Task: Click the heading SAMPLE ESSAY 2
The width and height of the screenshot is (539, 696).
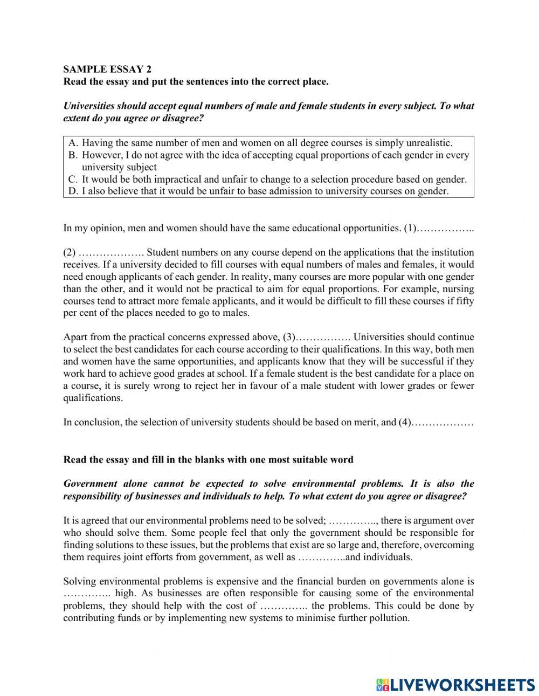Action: click(107, 69)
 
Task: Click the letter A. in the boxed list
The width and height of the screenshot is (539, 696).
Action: click(74, 143)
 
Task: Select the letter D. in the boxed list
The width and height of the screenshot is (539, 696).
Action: click(74, 191)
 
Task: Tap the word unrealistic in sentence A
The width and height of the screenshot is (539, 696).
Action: click(427, 143)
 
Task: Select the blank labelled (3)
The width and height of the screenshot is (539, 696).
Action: click(323, 337)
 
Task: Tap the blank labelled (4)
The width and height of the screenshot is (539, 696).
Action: click(442, 422)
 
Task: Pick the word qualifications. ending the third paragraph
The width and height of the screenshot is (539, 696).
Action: click(93, 398)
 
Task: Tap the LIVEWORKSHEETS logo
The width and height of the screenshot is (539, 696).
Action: click(455, 684)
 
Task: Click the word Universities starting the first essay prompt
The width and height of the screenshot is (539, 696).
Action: click(89, 106)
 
